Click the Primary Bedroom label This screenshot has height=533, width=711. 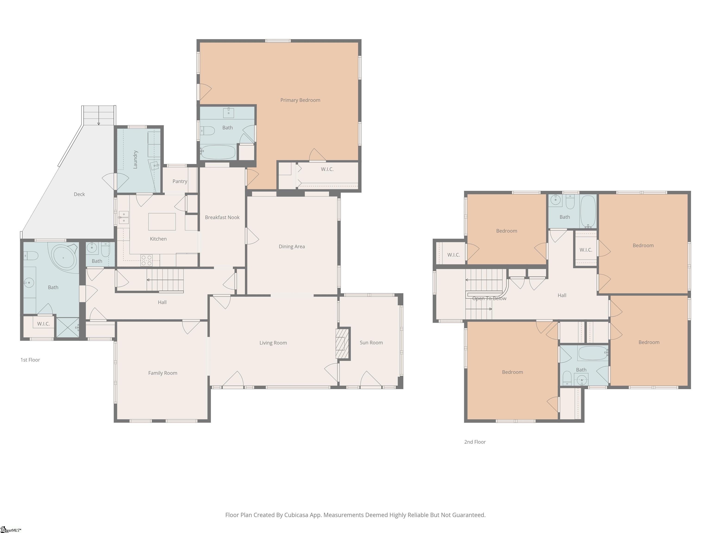300,100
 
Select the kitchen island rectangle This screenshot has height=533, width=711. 162,222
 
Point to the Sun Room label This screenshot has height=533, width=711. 371,343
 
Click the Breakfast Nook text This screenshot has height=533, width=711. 222,217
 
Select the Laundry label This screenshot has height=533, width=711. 135,159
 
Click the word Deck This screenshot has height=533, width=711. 79,194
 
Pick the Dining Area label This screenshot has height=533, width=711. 292,247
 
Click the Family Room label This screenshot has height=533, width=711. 163,373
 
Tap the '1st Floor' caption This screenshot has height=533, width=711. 30,360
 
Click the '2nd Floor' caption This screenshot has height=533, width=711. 475,442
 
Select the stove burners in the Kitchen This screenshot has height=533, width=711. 147,260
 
